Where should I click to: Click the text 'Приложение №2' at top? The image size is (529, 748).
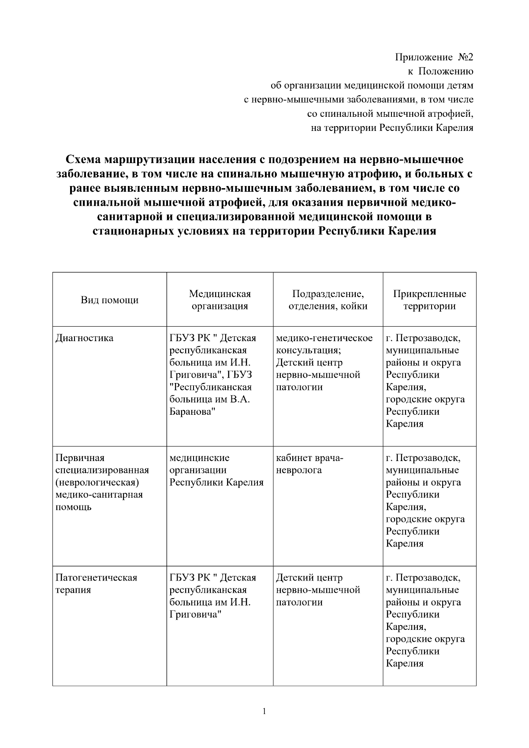coord(434,57)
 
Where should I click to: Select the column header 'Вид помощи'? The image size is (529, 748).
coord(109,300)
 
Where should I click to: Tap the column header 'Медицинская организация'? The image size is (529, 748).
coord(220,300)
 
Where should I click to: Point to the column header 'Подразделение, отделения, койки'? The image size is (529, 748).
coord(328,300)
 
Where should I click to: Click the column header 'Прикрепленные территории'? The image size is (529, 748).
coord(429,300)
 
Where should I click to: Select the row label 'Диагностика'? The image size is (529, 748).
coord(84,338)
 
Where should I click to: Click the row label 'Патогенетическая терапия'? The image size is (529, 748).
coord(96,584)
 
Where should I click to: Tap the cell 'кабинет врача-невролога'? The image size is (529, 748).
coord(309,464)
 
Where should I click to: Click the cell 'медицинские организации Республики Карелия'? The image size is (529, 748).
coord(216,470)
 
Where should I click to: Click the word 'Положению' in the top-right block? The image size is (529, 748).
coord(446,71)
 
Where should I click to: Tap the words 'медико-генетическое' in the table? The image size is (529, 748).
coord(324,338)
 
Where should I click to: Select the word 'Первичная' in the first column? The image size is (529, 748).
coord(80,458)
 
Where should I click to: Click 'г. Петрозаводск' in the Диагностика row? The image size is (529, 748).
coord(423,338)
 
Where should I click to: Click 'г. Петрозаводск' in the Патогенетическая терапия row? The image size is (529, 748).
coord(423,577)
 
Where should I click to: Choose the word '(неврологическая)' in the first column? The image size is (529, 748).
coord(97,482)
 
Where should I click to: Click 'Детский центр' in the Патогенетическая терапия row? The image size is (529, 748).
coord(309,577)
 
